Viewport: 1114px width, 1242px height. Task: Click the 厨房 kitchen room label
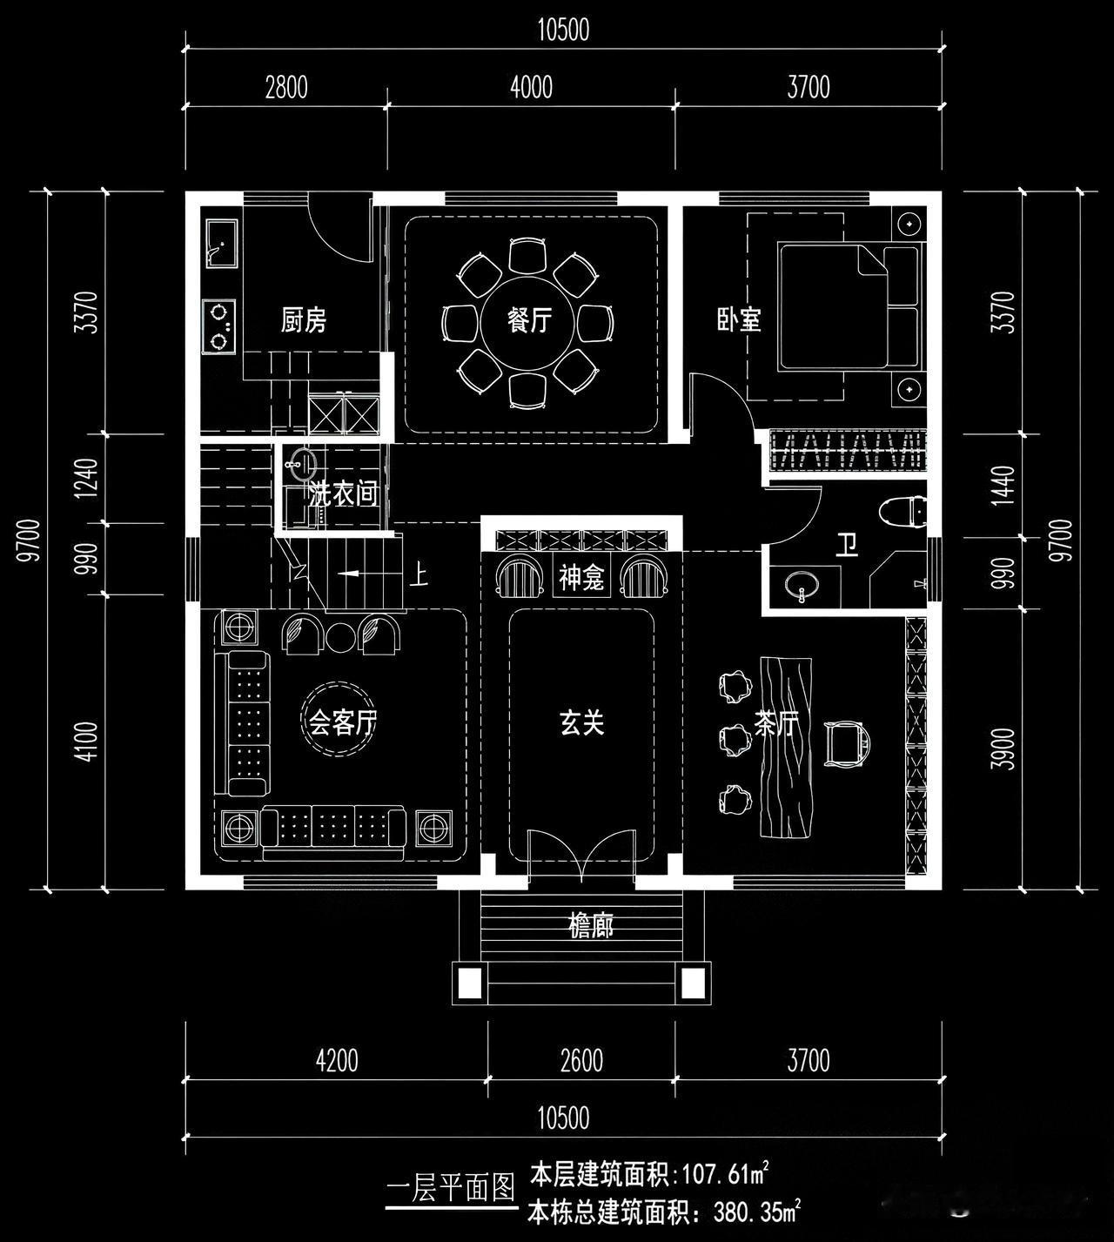click(x=304, y=320)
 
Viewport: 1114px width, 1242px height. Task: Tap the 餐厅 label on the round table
click(x=529, y=320)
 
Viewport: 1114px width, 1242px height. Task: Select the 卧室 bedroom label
click(x=739, y=320)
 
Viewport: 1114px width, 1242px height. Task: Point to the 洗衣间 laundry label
click(x=344, y=495)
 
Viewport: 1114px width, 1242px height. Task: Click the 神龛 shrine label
click(x=581, y=578)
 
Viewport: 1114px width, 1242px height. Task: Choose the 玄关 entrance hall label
click(x=581, y=722)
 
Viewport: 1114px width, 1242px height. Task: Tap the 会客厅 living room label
click(x=343, y=722)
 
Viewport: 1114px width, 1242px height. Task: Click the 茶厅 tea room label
click(x=775, y=724)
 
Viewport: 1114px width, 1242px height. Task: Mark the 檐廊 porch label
click(x=591, y=926)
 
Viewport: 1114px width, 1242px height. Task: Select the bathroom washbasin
click(x=802, y=586)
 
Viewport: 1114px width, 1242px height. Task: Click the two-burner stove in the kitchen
click(x=219, y=326)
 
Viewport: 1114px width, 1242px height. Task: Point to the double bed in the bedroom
click(x=844, y=306)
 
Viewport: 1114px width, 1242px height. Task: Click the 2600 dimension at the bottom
click(x=581, y=1060)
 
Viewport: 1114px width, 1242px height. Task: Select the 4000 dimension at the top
click(x=531, y=87)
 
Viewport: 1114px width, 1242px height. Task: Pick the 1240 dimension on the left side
click(x=86, y=478)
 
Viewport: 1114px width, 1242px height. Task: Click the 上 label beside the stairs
click(x=419, y=575)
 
